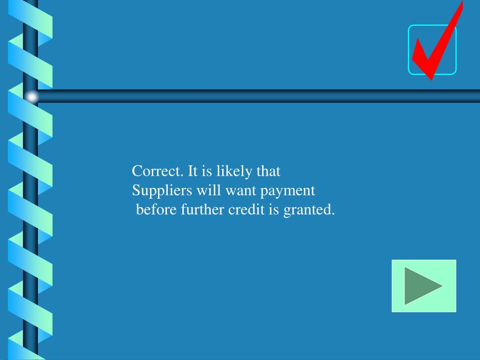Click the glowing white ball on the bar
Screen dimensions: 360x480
tap(31, 97)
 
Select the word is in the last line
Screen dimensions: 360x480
tap(274, 210)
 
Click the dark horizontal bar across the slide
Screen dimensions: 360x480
tap(258, 96)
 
